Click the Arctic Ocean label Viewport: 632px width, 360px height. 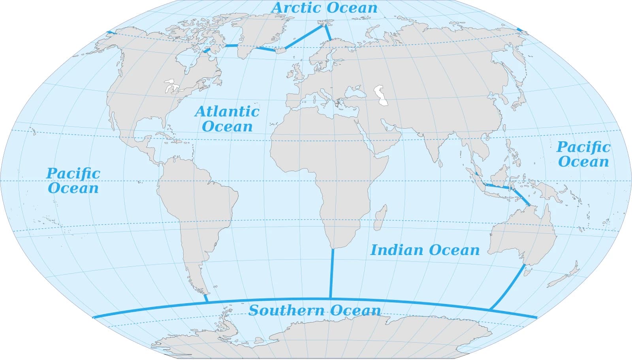324,8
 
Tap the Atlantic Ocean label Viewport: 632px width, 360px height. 227,118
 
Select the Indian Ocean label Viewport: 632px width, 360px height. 425,250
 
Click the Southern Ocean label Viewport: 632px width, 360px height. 314,310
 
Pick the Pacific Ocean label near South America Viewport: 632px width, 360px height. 73,180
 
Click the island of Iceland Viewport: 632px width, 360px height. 280,50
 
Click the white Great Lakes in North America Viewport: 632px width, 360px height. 172,87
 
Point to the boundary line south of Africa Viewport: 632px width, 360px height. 332,272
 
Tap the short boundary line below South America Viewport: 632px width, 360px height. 206,298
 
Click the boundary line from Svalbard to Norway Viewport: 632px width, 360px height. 328,33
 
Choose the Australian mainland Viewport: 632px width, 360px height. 521,237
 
